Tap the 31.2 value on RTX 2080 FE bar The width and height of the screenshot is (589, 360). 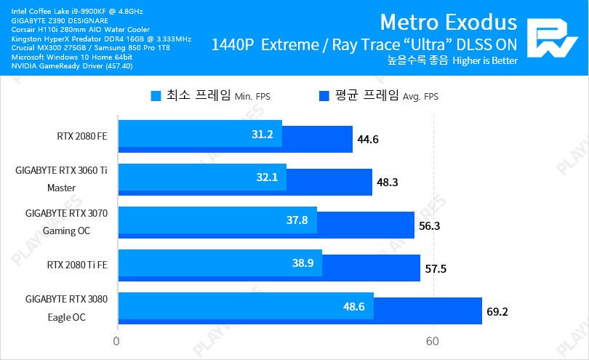pyautogui.click(x=262, y=135)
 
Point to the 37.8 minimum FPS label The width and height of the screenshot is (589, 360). pyautogui.click(x=297, y=220)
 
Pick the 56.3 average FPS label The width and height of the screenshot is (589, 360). pyautogui.click(x=430, y=225)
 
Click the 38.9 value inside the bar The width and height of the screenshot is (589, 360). pyautogui.click(x=302, y=263)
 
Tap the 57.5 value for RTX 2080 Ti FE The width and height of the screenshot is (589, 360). pyautogui.click(x=436, y=268)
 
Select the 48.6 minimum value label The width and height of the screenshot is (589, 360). pyautogui.click(x=354, y=306)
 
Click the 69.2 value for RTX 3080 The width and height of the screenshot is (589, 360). pyautogui.click(x=497, y=311)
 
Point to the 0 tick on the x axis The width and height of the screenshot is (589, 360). pyautogui.click(x=116, y=340)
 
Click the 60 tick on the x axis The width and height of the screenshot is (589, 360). pyautogui.click(x=433, y=340)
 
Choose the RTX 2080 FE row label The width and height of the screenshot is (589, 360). pyautogui.click(x=81, y=135)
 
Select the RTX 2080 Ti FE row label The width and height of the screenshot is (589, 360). pyautogui.click(x=76, y=264)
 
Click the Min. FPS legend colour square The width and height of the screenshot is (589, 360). pyautogui.click(x=156, y=95)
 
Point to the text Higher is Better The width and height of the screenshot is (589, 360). pyautogui.click(x=484, y=61)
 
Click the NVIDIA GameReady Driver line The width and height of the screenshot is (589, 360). pyautogui.click(x=72, y=65)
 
